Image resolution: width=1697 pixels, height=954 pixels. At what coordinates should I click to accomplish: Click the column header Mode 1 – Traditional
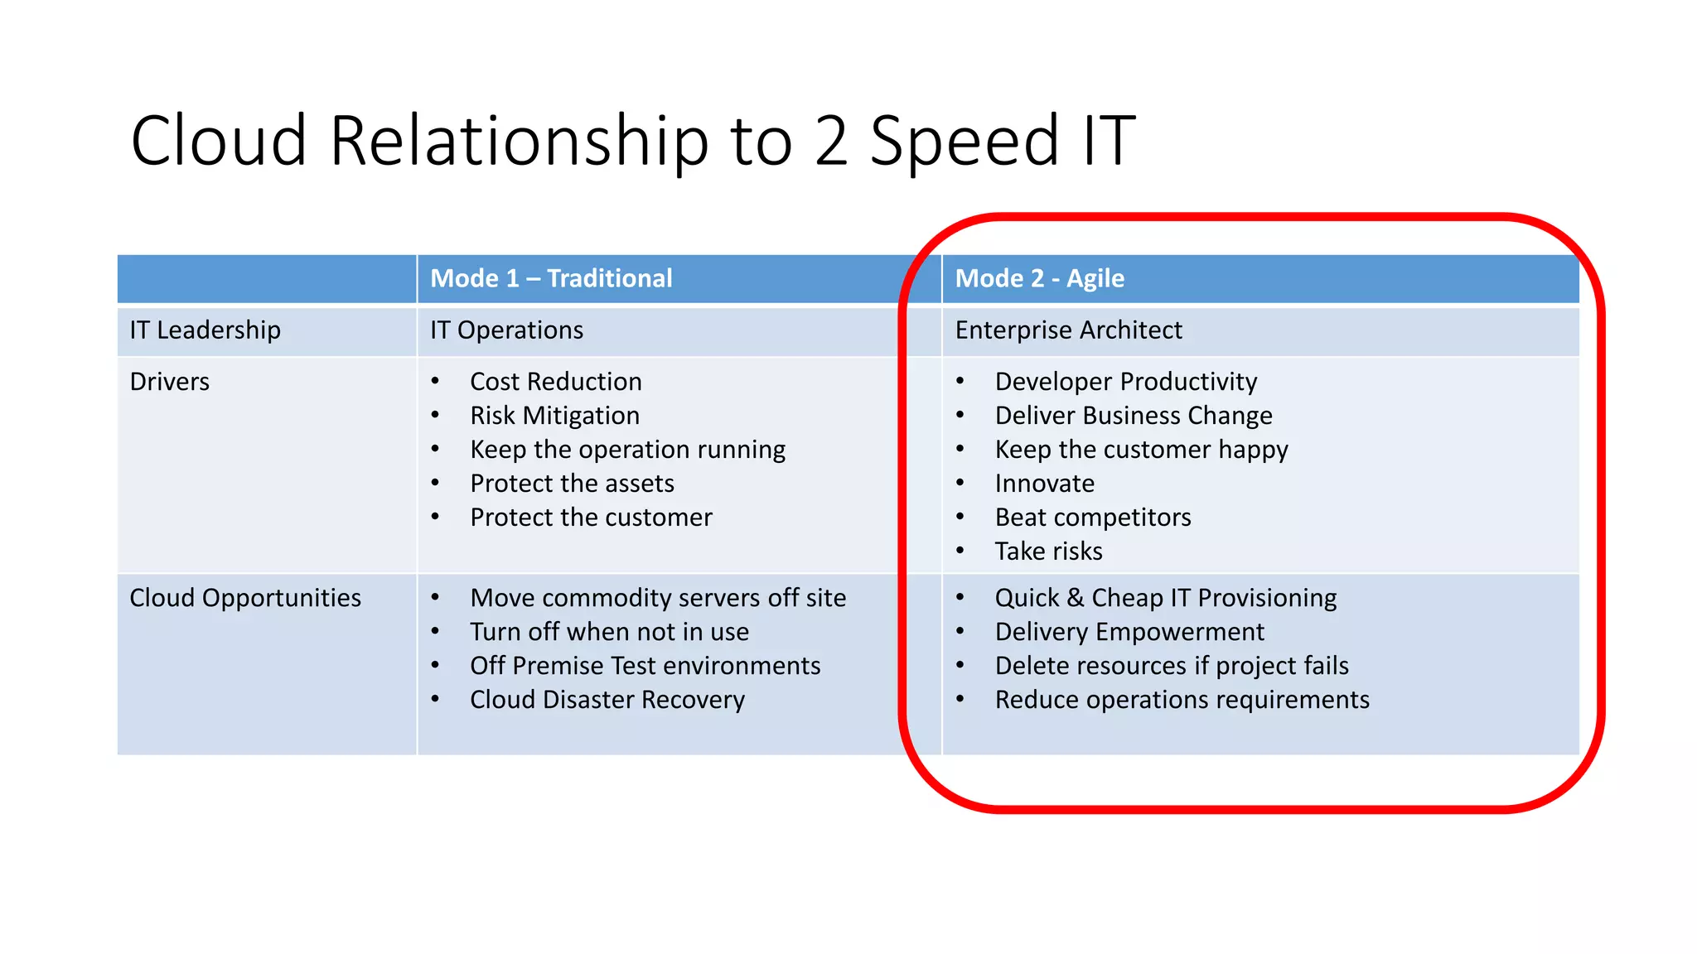[551, 278]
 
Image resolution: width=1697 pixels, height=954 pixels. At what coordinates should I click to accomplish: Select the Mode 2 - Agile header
[1039, 278]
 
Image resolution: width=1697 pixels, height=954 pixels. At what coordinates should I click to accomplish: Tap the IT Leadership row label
[205, 330]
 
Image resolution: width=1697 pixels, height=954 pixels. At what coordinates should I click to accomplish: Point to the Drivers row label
[170, 382]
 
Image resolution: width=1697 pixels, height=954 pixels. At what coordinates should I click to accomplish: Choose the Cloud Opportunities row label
[245, 598]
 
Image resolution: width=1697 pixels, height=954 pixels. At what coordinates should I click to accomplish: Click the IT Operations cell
[506, 330]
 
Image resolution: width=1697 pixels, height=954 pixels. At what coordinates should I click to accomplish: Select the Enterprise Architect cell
[1068, 330]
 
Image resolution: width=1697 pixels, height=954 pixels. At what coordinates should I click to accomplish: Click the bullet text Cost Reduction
[555, 382]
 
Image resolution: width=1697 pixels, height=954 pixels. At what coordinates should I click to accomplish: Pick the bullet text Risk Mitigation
[554, 416]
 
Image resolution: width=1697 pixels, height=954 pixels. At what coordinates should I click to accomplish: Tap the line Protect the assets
[572, 484]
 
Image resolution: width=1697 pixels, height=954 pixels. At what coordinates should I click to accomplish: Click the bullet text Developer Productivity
[1125, 382]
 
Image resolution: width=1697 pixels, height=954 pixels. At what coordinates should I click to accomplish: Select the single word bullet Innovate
[1044, 484]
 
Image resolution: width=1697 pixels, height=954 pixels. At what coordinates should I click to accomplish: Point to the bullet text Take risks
[1048, 552]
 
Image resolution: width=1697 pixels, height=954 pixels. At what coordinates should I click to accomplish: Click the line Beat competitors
[1092, 518]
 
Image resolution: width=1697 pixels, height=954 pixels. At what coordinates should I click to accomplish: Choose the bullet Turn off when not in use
[609, 632]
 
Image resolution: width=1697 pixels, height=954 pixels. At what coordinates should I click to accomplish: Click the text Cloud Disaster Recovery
[607, 700]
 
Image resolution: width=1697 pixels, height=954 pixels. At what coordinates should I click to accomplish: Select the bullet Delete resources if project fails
[1171, 666]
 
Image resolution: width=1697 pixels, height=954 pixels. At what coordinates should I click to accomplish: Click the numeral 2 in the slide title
[831, 141]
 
